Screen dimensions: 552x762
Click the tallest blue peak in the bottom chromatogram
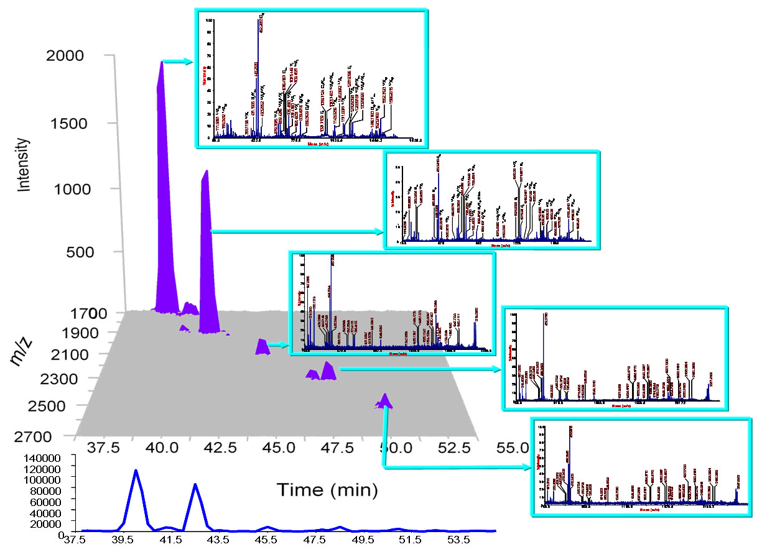[x=135, y=471]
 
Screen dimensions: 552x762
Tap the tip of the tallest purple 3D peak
[x=161, y=63]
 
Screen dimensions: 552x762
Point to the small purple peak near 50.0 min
[x=386, y=400]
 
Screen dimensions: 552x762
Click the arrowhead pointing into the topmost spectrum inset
[x=191, y=61]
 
